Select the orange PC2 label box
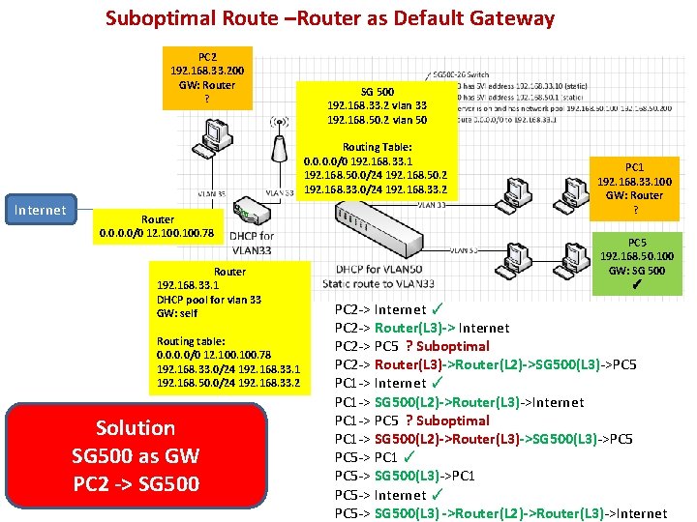pyautogui.click(x=207, y=78)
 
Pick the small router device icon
pyautogui.click(x=249, y=208)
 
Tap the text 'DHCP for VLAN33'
pyautogui.click(x=252, y=242)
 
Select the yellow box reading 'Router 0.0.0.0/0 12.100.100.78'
pyautogui.click(x=158, y=226)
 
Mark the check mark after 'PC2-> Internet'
pyautogui.click(x=438, y=309)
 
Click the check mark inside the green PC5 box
pyautogui.click(x=636, y=285)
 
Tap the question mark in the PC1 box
pyautogui.click(x=635, y=210)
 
